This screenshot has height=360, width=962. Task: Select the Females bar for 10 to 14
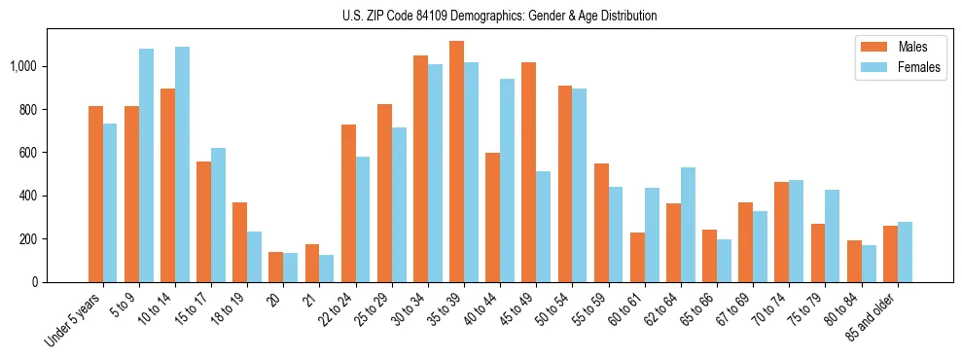point(182,164)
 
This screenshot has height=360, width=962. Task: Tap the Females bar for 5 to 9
point(146,165)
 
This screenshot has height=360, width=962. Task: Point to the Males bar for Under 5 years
point(95,194)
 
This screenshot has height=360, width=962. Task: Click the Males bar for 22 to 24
point(348,203)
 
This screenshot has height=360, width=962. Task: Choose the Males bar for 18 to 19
point(239,242)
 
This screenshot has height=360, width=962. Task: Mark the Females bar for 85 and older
point(905,252)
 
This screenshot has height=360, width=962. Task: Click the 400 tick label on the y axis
point(32,196)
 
